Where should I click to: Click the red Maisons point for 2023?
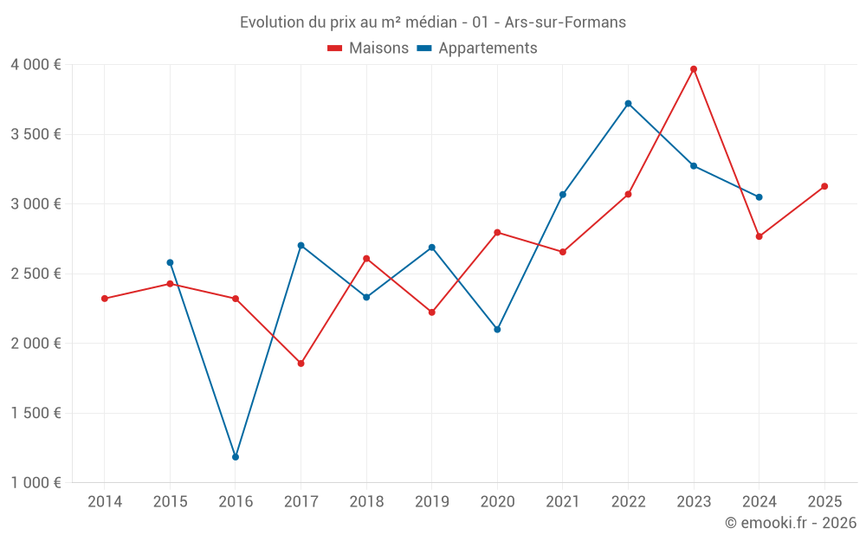click(x=694, y=69)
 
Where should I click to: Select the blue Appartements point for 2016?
click(x=236, y=457)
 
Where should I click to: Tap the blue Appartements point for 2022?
click(x=628, y=104)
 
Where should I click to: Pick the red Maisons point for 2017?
click(x=301, y=364)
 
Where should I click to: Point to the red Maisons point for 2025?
click(x=824, y=186)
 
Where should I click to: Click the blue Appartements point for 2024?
click(x=759, y=197)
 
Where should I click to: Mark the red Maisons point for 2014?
click(x=105, y=299)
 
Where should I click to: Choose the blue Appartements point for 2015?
click(x=170, y=262)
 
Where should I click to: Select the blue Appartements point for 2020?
click(x=497, y=330)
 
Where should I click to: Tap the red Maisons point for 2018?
click(x=366, y=259)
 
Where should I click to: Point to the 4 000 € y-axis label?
click(x=36, y=65)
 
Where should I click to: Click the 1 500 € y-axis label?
click(x=36, y=413)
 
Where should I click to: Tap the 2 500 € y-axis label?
click(x=36, y=274)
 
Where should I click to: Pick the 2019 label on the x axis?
click(x=431, y=502)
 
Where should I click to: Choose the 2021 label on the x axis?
click(x=563, y=502)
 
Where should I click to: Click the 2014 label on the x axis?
click(x=105, y=502)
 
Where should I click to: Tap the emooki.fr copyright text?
click(x=790, y=523)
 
